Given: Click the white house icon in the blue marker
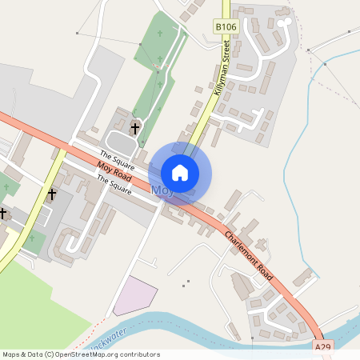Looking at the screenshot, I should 180,173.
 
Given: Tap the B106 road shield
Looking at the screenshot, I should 226,27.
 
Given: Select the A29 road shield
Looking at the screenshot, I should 322,347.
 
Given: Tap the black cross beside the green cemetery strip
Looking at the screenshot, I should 135,128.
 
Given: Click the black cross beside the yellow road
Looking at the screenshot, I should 52,194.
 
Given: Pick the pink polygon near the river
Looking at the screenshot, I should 131,298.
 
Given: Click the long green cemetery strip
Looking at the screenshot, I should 154,80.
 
